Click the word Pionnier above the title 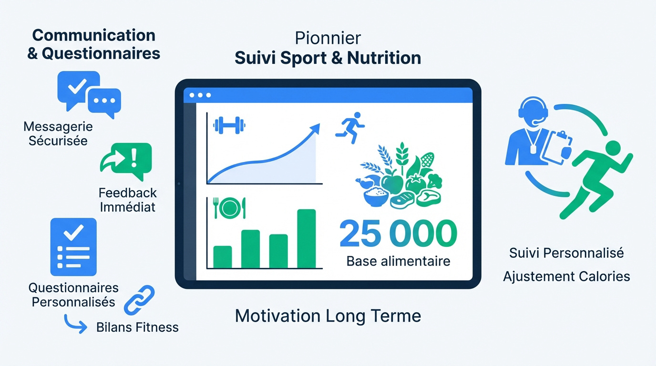click(328, 38)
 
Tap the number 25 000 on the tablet click(398, 234)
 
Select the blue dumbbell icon click(229, 126)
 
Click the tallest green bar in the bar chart click(307, 239)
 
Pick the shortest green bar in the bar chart click(223, 257)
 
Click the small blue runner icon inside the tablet click(350, 128)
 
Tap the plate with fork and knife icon click(230, 208)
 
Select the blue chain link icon click(139, 300)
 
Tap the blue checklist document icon click(73, 247)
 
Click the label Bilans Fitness click(137, 327)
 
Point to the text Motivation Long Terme click(328, 316)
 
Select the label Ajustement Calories click(566, 276)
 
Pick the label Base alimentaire click(398, 261)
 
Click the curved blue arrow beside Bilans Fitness click(75, 325)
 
